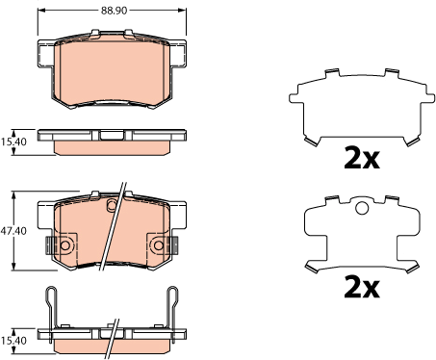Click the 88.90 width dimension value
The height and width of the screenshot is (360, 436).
(115, 11)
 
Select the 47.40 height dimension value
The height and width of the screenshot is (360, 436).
(13, 231)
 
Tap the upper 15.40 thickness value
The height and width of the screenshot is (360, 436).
(13, 141)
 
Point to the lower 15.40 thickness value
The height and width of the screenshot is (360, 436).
(13, 341)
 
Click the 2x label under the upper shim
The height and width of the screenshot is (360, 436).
(362, 158)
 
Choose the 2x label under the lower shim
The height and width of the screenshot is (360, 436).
(362, 287)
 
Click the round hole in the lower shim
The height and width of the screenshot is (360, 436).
(362, 208)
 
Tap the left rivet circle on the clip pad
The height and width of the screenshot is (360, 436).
(65, 245)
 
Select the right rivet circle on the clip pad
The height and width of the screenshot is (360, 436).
(159, 245)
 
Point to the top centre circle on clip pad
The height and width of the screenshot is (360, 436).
(112, 205)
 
